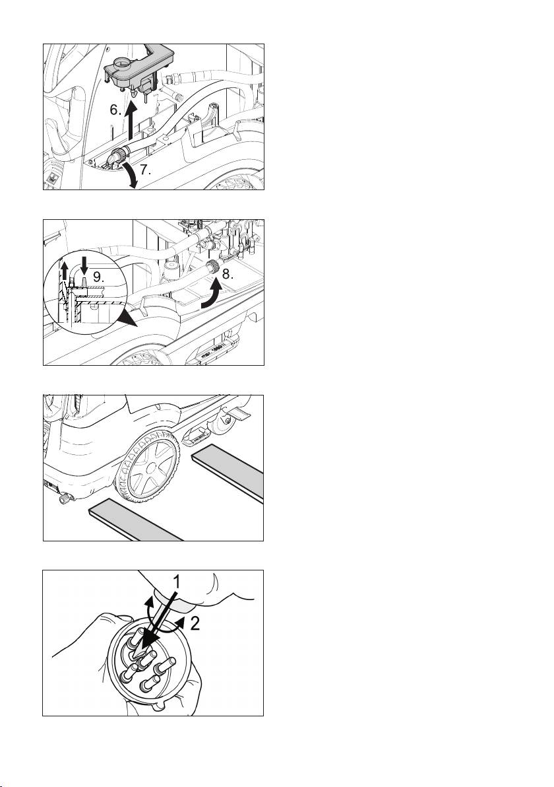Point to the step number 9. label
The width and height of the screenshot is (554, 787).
[100, 275]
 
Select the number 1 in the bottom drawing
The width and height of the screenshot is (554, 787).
[177, 582]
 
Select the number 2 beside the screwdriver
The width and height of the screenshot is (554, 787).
[195, 623]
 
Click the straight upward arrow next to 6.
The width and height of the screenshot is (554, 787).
[131, 120]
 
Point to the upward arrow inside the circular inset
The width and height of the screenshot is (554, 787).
[65, 273]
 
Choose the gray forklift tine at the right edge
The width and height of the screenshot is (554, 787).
[229, 472]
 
